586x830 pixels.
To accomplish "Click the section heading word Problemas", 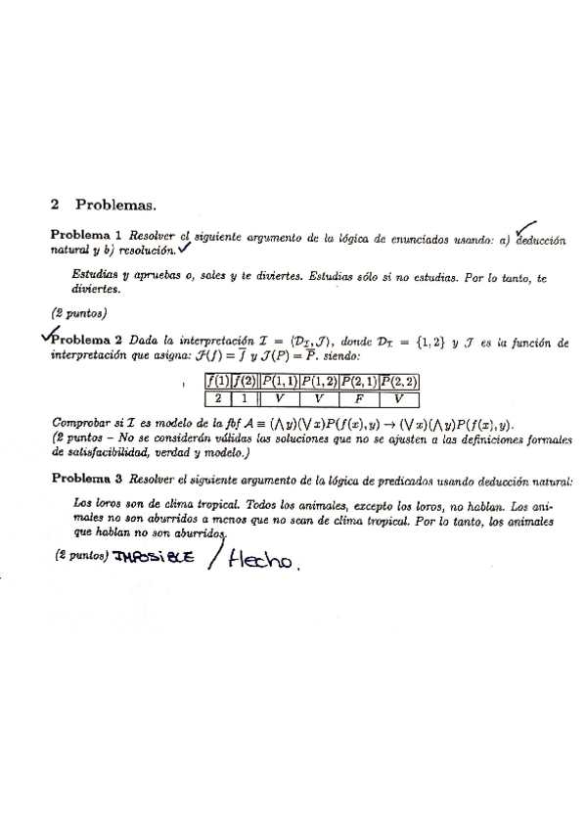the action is click(x=115, y=205).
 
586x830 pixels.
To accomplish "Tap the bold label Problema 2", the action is click(x=90, y=339).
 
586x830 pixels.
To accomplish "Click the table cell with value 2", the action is click(x=216, y=398).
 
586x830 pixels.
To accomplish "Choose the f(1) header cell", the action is click(x=216, y=381).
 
